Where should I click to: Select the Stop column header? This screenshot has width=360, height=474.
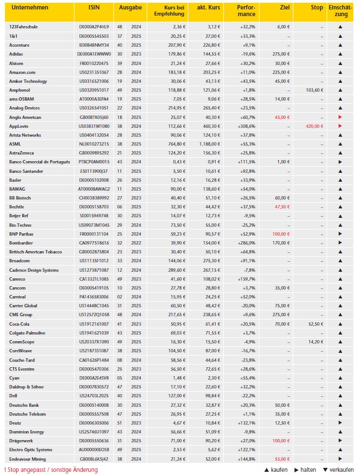coord(317,8)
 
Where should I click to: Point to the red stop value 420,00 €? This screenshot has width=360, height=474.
coord(314,126)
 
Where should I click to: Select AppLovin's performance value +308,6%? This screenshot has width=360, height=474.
coord(244,126)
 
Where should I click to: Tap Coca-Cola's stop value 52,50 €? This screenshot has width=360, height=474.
coord(315,323)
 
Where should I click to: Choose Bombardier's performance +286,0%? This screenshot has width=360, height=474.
coord(244,242)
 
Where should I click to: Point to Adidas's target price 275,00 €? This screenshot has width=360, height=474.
coord(281,54)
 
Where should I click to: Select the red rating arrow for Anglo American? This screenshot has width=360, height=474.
coord(339,117)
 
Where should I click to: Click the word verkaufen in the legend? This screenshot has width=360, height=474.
coord(340,470)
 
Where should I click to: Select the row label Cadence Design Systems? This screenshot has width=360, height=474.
coord(34,270)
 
